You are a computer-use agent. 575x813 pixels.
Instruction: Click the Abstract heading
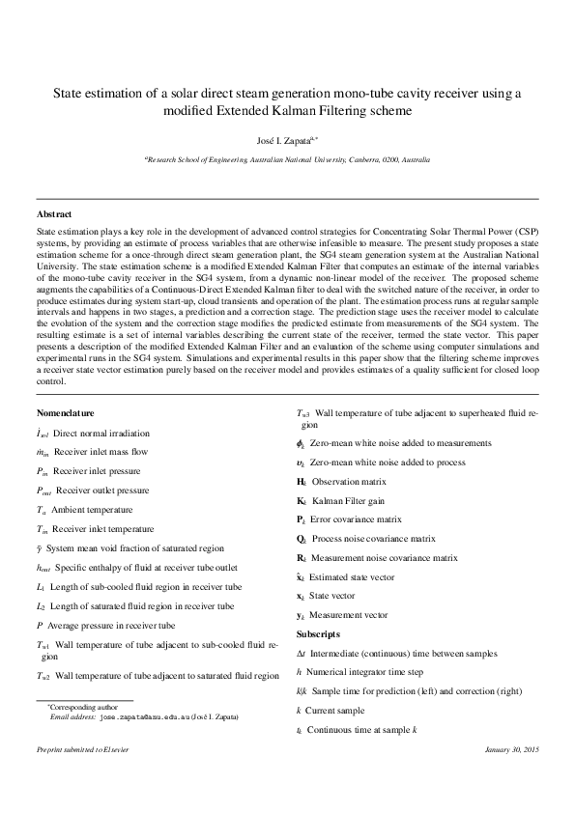click(x=53, y=213)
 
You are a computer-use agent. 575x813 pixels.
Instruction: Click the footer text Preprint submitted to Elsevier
click(x=82, y=749)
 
